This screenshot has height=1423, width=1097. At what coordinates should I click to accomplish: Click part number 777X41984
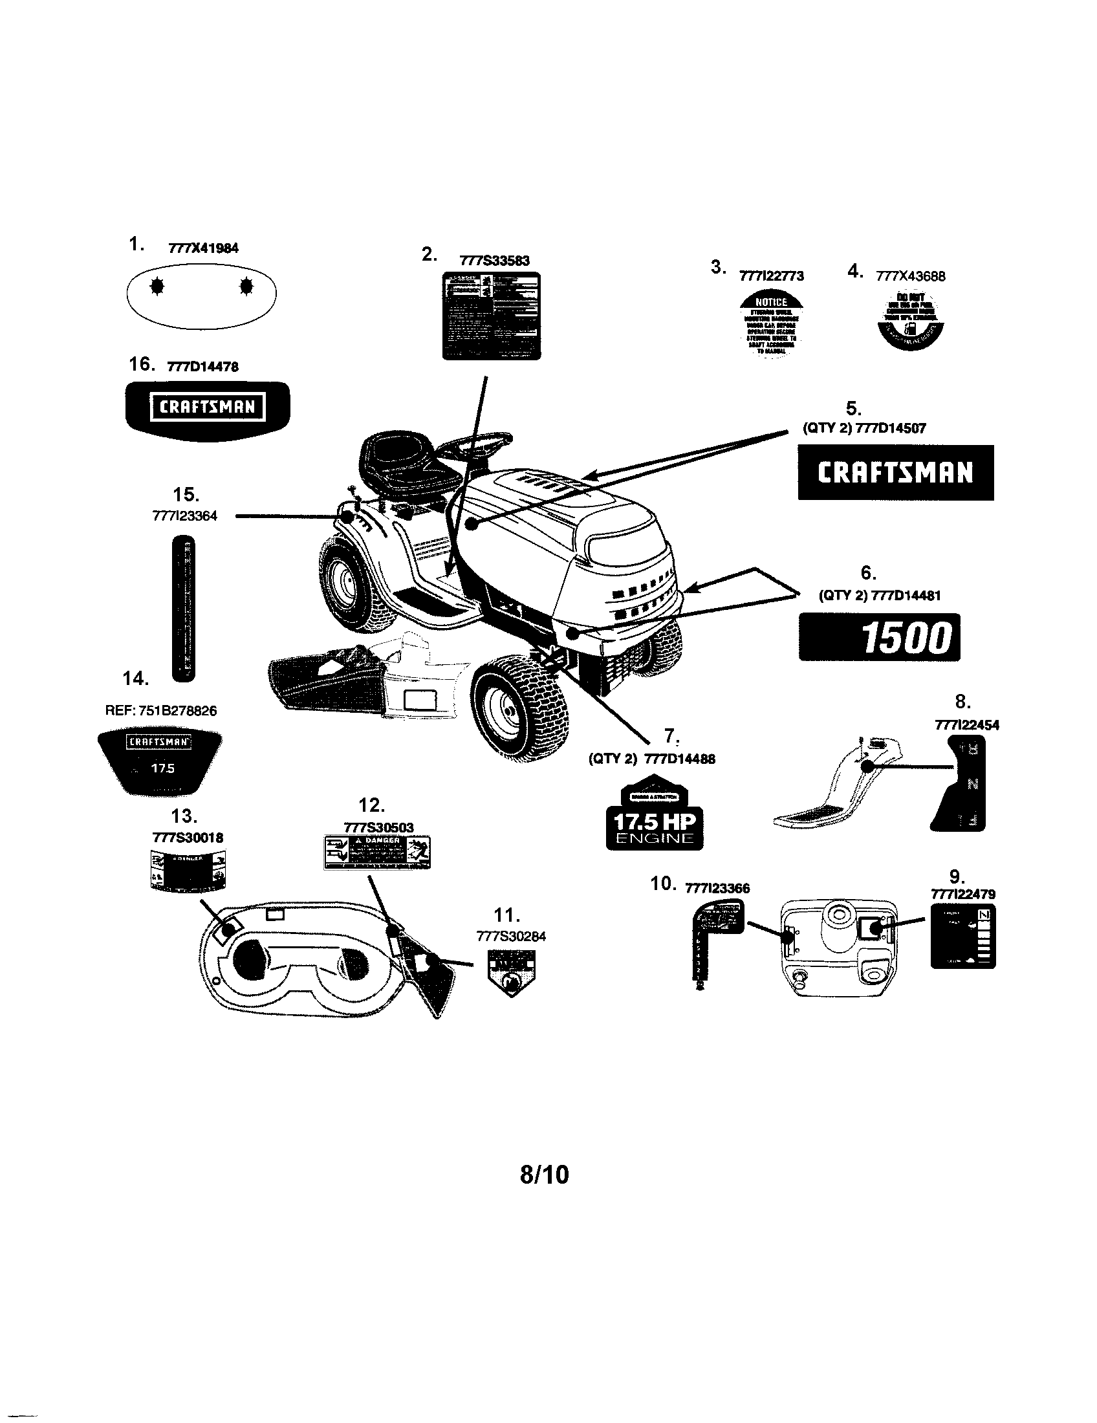(x=203, y=248)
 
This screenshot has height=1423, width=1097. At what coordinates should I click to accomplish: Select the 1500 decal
(x=879, y=636)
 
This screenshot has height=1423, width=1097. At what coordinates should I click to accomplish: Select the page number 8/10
(x=545, y=1174)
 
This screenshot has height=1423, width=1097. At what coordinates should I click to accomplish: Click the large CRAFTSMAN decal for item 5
(x=895, y=472)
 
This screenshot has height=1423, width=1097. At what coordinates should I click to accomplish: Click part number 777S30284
(x=512, y=937)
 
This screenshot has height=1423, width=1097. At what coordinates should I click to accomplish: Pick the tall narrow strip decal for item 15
(x=184, y=607)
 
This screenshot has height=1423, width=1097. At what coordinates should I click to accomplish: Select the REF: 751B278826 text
(x=161, y=711)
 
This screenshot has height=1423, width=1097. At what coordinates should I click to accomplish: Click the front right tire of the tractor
(x=519, y=709)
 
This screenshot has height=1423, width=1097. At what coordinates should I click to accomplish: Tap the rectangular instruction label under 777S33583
(x=491, y=316)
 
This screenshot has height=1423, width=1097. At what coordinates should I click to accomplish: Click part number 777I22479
(x=964, y=894)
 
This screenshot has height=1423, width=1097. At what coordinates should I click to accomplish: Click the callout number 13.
(x=184, y=816)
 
